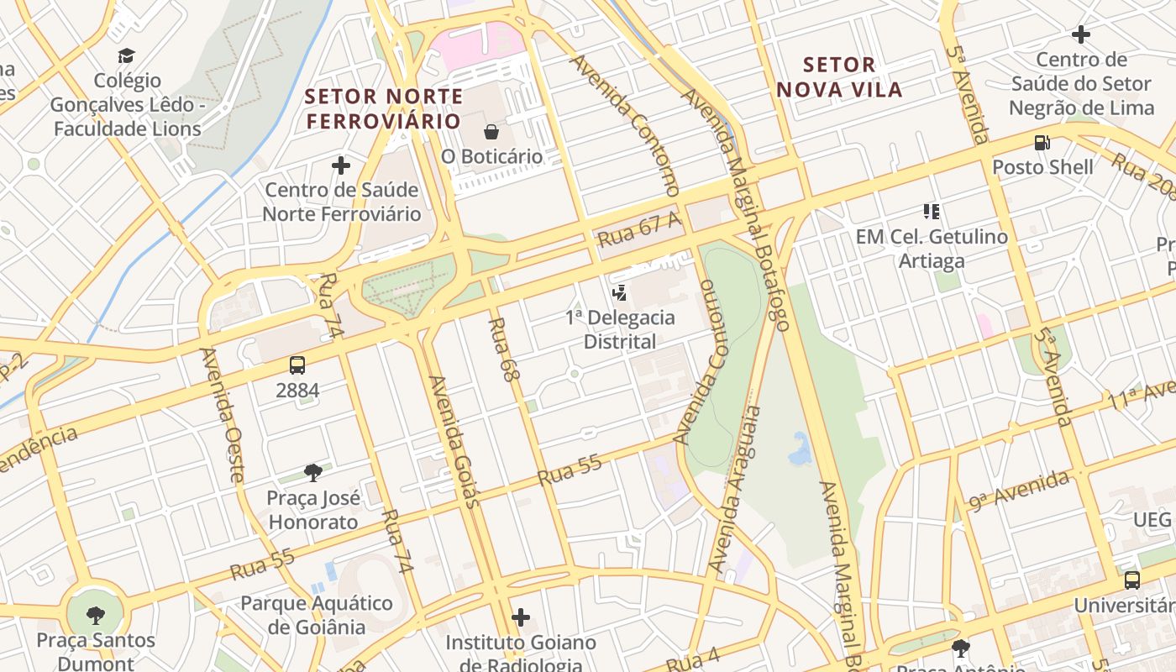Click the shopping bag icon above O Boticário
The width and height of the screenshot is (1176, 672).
491,132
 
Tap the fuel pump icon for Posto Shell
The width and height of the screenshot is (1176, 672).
1042,143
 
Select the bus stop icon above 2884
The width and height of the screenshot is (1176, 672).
297,365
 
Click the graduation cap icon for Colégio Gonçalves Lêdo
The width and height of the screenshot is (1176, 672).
126,55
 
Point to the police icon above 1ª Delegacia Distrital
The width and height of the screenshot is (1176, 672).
620,293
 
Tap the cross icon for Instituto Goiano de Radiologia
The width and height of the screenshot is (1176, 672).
521,618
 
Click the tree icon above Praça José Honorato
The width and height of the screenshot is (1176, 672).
313,473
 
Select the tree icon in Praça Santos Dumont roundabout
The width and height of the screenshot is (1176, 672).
96,615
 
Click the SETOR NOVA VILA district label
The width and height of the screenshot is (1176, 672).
839,77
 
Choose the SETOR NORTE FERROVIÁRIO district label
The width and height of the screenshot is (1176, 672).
384,108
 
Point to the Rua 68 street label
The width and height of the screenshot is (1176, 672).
501,350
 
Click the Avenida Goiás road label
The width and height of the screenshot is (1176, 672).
454,441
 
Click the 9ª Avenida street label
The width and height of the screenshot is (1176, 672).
1019,490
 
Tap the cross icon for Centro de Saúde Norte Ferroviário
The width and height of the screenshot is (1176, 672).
341,165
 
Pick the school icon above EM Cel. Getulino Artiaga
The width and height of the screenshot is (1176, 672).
931,212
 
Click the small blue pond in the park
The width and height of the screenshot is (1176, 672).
800,449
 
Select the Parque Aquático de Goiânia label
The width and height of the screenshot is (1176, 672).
316,615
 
